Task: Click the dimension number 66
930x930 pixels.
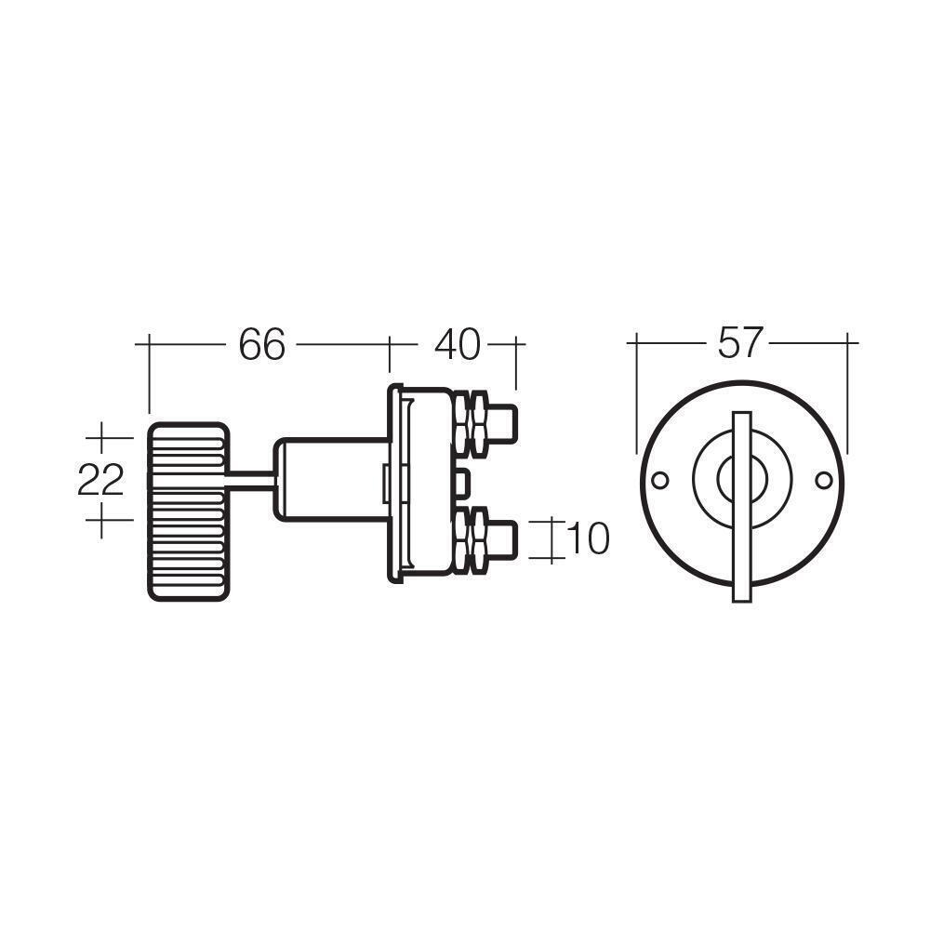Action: point(261,345)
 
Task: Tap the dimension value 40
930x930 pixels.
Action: point(457,345)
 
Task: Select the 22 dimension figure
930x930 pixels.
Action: point(100,481)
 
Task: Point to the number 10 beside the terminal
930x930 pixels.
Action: point(586,538)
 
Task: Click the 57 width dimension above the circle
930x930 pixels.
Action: point(740,342)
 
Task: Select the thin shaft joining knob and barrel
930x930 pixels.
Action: point(249,480)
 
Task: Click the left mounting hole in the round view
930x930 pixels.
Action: point(660,481)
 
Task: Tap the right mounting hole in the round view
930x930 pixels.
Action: point(822,481)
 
